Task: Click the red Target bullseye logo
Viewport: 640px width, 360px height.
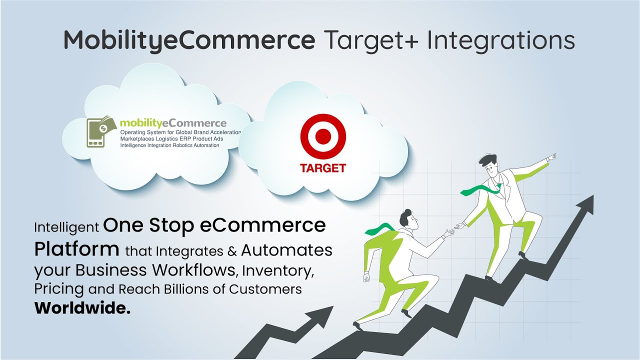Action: [x=322, y=135]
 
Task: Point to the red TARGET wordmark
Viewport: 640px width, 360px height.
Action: [x=322, y=168]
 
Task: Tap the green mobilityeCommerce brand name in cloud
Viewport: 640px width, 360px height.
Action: [x=173, y=123]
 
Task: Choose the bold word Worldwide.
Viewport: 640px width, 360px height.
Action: [x=82, y=308]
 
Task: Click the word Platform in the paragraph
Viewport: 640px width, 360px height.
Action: [x=77, y=248]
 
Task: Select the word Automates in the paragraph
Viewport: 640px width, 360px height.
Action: [x=286, y=249]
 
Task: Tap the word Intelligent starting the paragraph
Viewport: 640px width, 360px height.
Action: [x=66, y=227]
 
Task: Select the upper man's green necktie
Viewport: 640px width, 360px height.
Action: [x=480, y=189]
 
